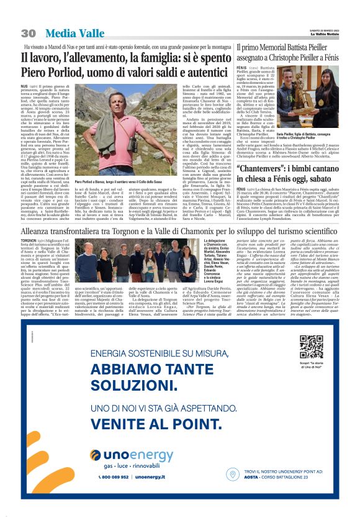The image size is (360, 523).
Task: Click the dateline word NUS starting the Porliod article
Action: pos(25,85)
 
